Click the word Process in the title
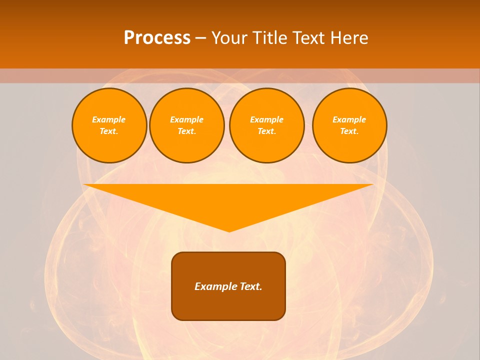[157, 37]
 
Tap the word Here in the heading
[348, 37]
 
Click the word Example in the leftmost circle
[108, 119]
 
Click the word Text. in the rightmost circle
[349, 131]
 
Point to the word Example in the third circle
[266, 119]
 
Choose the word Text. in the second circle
[186, 131]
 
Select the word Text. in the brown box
[251, 286]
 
